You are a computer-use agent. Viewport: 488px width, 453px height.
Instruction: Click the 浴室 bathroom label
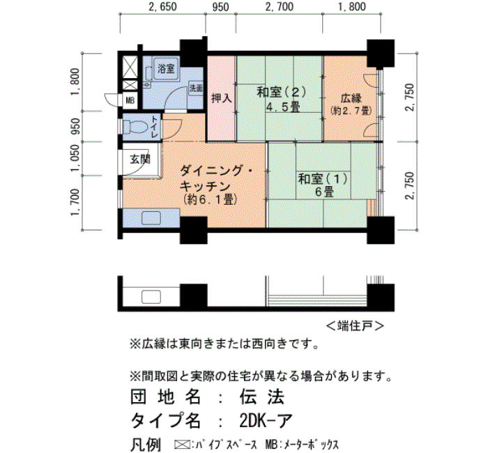(x=166, y=68)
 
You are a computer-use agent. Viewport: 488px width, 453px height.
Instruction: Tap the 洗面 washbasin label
(x=196, y=88)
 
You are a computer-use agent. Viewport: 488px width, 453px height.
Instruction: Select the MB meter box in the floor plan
(x=130, y=101)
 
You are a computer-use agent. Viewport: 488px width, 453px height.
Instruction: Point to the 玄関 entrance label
(x=140, y=160)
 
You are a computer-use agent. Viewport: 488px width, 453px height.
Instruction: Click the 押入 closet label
(x=222, y=98)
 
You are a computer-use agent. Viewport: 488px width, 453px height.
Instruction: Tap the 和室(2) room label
(x=282, y=92)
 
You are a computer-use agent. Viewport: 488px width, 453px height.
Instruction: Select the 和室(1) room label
(x=322, y=179)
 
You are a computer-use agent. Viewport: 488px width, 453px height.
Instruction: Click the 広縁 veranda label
(x=351, y=98)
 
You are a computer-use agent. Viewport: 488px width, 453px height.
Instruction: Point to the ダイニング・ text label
(x=218, y=171)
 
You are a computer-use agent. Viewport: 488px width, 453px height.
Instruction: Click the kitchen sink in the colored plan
(x=151, y=217)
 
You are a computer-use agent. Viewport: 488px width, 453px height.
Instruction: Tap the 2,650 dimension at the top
(x=162, y=7)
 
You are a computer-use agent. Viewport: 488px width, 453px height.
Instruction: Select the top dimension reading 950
(x=220, y=7)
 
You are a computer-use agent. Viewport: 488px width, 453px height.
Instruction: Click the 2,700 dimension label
(x=279, y=7)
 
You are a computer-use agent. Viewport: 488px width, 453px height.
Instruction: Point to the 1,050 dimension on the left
(x=75, y=158)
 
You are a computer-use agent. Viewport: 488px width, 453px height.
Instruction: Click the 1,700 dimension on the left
(x=75, y=203)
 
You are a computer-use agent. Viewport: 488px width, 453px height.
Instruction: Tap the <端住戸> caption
(x=355, y=325)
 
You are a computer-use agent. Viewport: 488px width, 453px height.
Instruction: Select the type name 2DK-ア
(x=266, y=421)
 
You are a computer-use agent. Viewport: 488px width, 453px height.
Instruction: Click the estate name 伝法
(x=262, y=397)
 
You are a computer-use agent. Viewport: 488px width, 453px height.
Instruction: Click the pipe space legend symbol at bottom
(x=183, y=444)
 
